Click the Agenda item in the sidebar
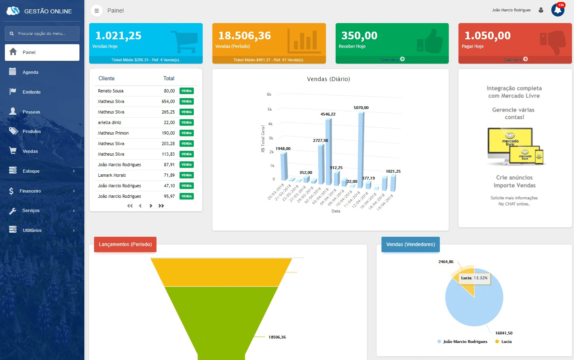[x=30, y=72]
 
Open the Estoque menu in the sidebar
[x=31, y=171]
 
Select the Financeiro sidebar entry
[x=30, y=191]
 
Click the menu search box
[x=42, y=34]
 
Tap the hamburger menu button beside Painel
[x=96, y=11]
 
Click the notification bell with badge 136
[x=558, y=10]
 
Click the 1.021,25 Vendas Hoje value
[x=118, y=36]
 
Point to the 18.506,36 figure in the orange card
[x=244, y=36]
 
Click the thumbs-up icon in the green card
[x=430, y=41]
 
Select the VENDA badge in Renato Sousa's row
[x=186, y=91]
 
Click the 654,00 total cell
[x=168, y=101]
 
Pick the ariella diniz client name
[x=109, y=122]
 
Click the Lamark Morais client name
[x=112, y=175]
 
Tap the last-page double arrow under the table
[x=161, y=206]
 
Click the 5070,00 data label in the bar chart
[x=361, y=108]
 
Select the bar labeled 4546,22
[x=328, y=150]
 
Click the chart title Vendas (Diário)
[x=328, y=79]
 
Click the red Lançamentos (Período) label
[x=125, y=244]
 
